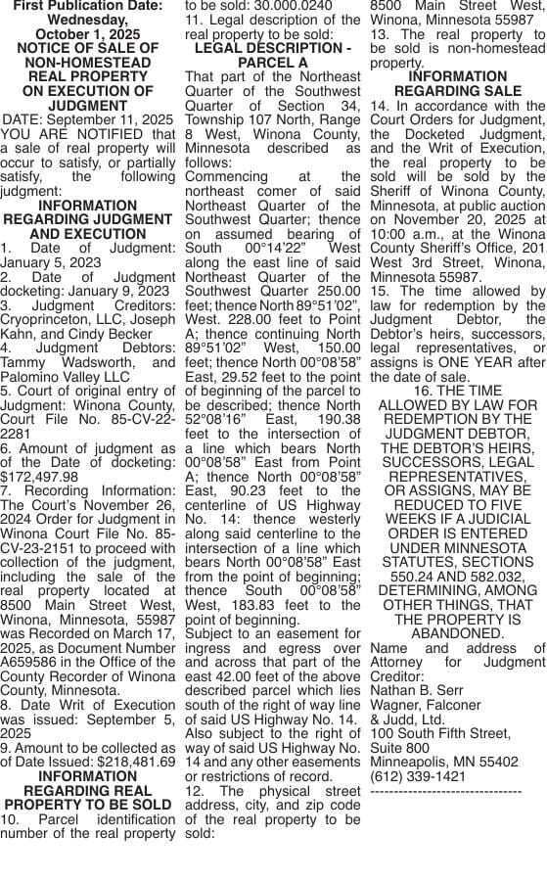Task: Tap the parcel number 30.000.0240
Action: point(284,4)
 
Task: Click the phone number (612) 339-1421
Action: point(412,775)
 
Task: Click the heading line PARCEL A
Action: point(273,63)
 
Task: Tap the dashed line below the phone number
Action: point(446,791)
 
